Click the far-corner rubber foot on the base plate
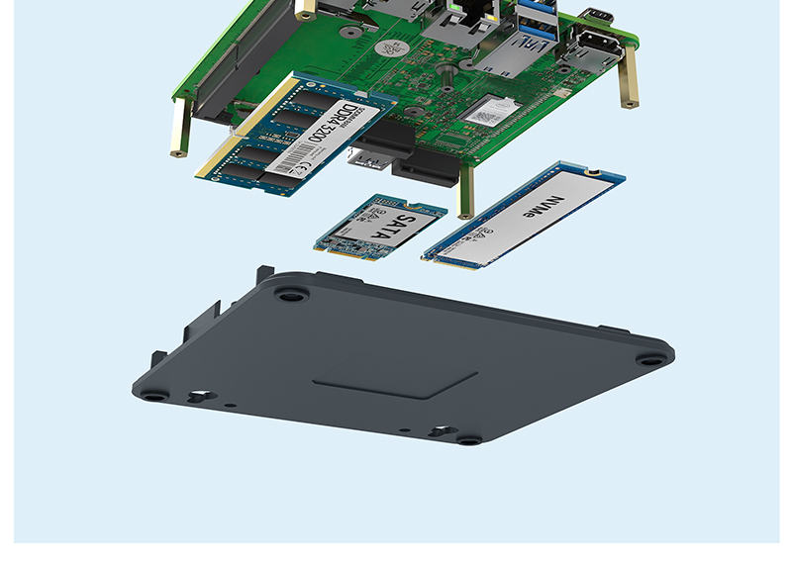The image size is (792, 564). click(x=290, y=295)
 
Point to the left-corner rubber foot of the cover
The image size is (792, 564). click(x=154, y=394)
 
